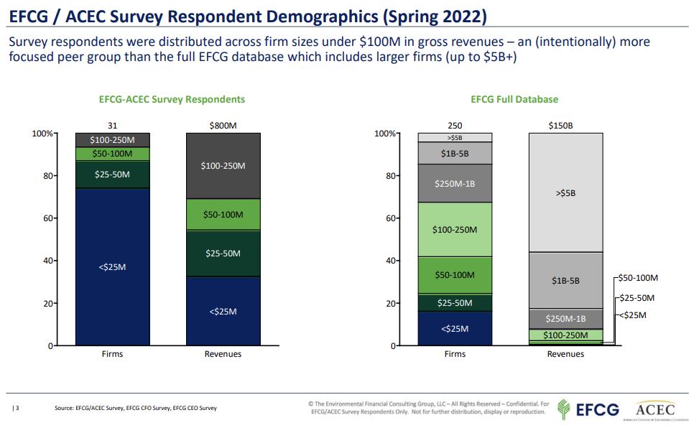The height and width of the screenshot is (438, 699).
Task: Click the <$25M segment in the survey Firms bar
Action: (112, 267)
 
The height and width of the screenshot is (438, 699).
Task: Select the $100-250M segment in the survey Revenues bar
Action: (223, 166)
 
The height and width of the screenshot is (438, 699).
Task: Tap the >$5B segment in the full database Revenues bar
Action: (565, 192)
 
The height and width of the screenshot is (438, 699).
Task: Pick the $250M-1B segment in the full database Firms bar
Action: (455, 184)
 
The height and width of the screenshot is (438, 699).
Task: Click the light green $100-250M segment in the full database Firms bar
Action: (455, 230)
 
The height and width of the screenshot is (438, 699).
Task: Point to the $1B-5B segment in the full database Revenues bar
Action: (565, 281)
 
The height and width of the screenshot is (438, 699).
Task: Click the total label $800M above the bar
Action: (223, 126)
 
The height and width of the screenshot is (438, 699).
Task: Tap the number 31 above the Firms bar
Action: (112, 126)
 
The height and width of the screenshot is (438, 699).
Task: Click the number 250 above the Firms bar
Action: (455, 126)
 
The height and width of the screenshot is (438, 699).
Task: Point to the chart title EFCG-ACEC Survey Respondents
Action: (172, 99)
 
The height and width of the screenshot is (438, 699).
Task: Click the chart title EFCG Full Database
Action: (514, 99)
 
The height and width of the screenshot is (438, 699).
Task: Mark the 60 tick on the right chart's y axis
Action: (389, 218)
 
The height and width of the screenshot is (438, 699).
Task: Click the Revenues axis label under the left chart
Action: (223, 354)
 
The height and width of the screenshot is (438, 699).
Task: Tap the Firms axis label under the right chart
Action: (455, 354)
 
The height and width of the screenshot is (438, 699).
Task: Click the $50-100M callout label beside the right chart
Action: (638, 278)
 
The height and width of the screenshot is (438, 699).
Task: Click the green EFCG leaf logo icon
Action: (565, 409)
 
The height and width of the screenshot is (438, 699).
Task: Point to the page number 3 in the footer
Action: (16, 408)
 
